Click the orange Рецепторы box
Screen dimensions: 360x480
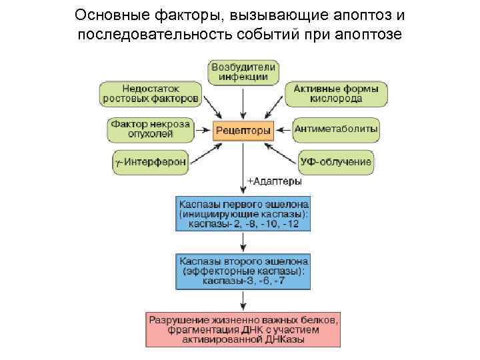pos(243,131)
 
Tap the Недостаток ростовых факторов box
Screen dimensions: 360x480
pos(150,93)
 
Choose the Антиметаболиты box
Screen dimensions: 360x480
pos(336,129)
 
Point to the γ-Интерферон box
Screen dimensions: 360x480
pos(150,162)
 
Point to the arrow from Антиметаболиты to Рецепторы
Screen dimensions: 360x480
pos(283,131)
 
